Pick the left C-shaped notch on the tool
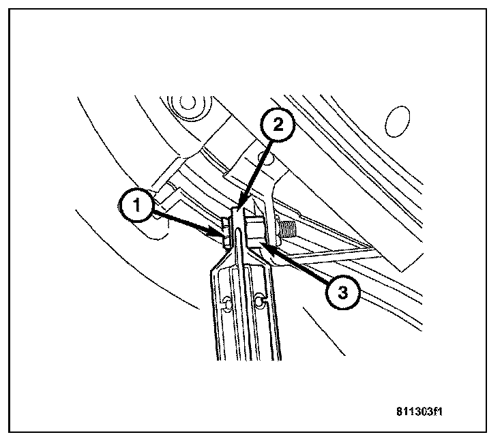coord(227,301)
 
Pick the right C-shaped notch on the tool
coord(259,300)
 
